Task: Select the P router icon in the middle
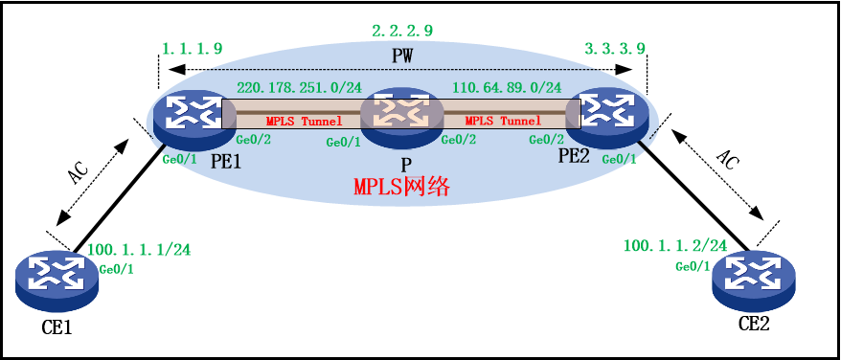click(401, 112)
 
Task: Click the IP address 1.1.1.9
click(193, 48)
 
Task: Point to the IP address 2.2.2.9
click(401, 31)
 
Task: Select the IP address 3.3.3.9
click(614, 48)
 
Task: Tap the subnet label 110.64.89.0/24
click(507, 86)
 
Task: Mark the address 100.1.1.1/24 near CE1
click(139, 250)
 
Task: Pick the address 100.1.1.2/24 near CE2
click(675, 246)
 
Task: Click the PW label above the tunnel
click(402, 56)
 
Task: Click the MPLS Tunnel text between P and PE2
click(503, 121)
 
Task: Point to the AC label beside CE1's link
click(80, 171)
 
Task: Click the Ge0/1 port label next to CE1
click(116, 269)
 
